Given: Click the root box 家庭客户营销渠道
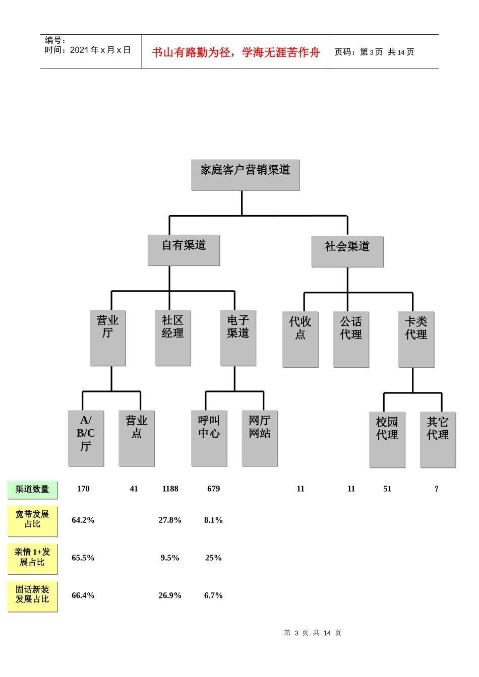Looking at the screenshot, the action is click(245, 175).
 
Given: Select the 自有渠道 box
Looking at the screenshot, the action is click(184, 250).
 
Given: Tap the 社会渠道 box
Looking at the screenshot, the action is click(347, 252).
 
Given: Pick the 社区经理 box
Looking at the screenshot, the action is click(173, 338).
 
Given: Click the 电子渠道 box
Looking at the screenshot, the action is click(238, 338).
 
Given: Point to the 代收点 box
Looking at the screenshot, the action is click(300, 340).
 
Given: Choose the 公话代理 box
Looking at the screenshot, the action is click(351, 340).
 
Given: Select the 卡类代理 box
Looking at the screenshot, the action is click(416, 340).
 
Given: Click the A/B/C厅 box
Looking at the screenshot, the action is click(86, 438).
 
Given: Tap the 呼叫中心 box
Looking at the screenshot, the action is click(209, 438).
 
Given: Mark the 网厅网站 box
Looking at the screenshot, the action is click(260, 438).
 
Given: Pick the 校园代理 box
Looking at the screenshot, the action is click(387, 440).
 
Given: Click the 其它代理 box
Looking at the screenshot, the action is click(438, 440).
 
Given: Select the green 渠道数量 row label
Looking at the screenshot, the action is click(32, 490).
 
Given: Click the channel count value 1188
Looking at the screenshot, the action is click(170, 489).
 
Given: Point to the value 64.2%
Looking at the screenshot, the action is click(83, 520).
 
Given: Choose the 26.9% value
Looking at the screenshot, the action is click(170, 595).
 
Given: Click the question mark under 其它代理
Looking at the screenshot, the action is click(436, 489).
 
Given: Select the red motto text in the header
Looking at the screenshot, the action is click(235, 52).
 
